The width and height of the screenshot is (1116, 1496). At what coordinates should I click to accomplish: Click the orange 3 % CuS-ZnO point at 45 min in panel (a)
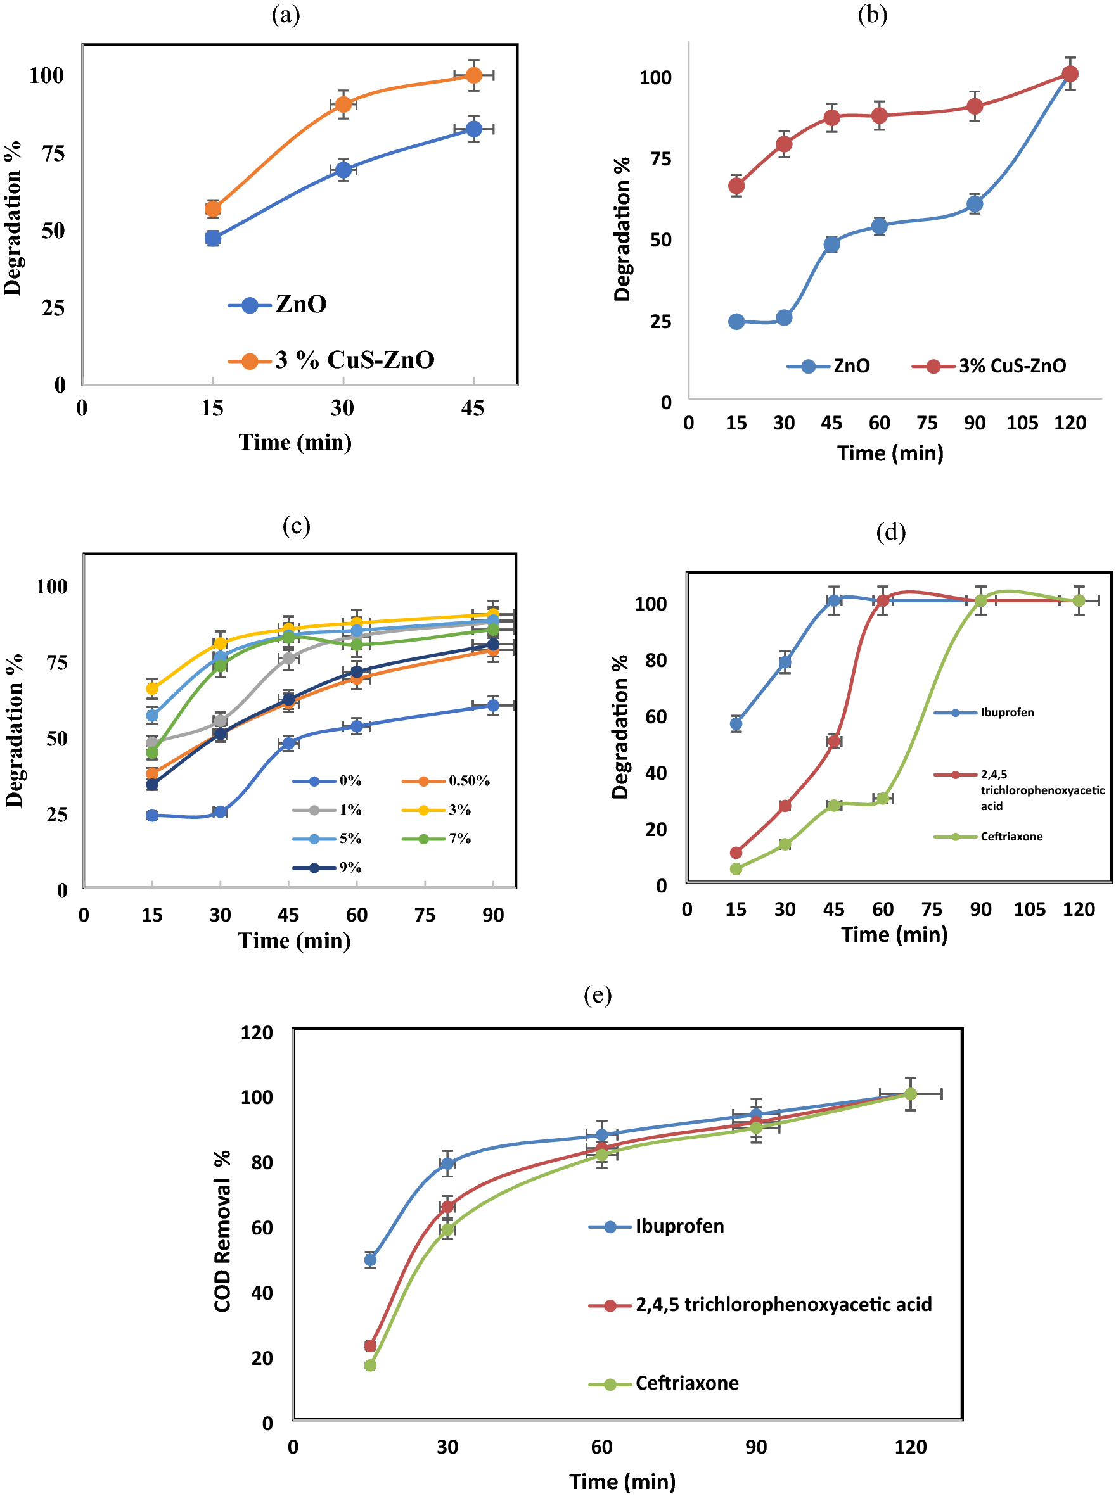(473, 75)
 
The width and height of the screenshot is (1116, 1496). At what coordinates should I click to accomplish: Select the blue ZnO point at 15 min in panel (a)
(213, 238)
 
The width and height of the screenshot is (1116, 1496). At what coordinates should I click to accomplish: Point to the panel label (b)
(872, 15)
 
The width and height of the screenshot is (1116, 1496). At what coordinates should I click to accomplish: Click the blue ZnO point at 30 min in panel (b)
(784, 317)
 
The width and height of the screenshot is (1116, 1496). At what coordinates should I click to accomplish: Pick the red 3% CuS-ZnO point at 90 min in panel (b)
(974, 106)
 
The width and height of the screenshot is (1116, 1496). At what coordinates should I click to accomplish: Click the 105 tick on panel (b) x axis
(1022, 423)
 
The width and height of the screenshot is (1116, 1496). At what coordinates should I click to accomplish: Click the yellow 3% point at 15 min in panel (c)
(152, 688)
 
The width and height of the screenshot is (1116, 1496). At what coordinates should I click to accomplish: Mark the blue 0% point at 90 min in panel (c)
(493, 706)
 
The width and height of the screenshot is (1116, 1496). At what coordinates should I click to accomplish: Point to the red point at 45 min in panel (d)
(833, 741)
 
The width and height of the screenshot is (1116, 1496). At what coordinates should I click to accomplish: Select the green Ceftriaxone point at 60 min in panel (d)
(882, 798)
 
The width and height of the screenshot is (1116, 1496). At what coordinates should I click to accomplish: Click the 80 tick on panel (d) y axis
(655, 660)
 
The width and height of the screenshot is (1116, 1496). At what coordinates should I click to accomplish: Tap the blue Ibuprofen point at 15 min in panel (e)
(370, 1260)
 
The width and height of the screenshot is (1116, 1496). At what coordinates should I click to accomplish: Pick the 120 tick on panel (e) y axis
(257, 1033)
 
